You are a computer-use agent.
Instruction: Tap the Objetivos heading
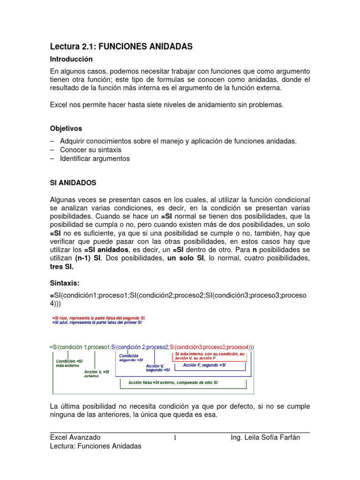[66, 128]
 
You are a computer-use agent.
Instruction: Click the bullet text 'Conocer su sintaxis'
[90, 150]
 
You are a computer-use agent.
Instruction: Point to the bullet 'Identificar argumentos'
[95, 158]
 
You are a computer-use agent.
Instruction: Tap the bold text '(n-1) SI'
[87, 258]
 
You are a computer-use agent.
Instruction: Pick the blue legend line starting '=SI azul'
[97, 323]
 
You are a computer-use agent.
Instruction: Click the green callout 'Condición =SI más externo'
[69, 364]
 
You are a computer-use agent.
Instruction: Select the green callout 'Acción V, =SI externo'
[97, 374]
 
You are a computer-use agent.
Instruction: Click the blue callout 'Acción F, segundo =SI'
[204, 365]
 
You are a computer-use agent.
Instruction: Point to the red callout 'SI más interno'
[210, 356]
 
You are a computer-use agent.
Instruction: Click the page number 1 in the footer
[175, 438]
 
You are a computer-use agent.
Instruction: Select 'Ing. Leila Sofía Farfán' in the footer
[265, 437]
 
